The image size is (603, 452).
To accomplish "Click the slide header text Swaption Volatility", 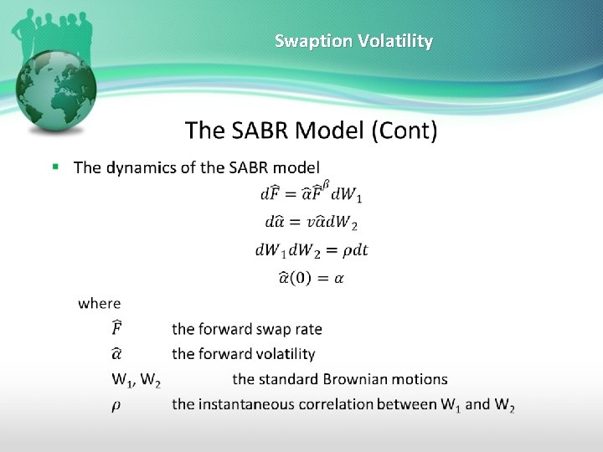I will [353, 41].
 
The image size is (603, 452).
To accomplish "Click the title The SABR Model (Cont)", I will [311, 131].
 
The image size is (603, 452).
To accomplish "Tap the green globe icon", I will [58, 91].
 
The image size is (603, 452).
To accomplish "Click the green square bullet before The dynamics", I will [55, 167].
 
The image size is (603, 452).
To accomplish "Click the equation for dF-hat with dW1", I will [311, 193].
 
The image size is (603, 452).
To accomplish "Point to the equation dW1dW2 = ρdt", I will [312, 249].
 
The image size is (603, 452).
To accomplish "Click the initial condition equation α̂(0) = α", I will [310, 278].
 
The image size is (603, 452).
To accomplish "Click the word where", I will [99, 304].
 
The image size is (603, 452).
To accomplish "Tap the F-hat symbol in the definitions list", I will [119, 328].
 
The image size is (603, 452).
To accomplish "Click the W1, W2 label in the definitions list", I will [137, 380].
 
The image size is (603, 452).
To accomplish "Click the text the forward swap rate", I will [246, 329].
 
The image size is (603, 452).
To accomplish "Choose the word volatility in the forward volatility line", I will [283, 354].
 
